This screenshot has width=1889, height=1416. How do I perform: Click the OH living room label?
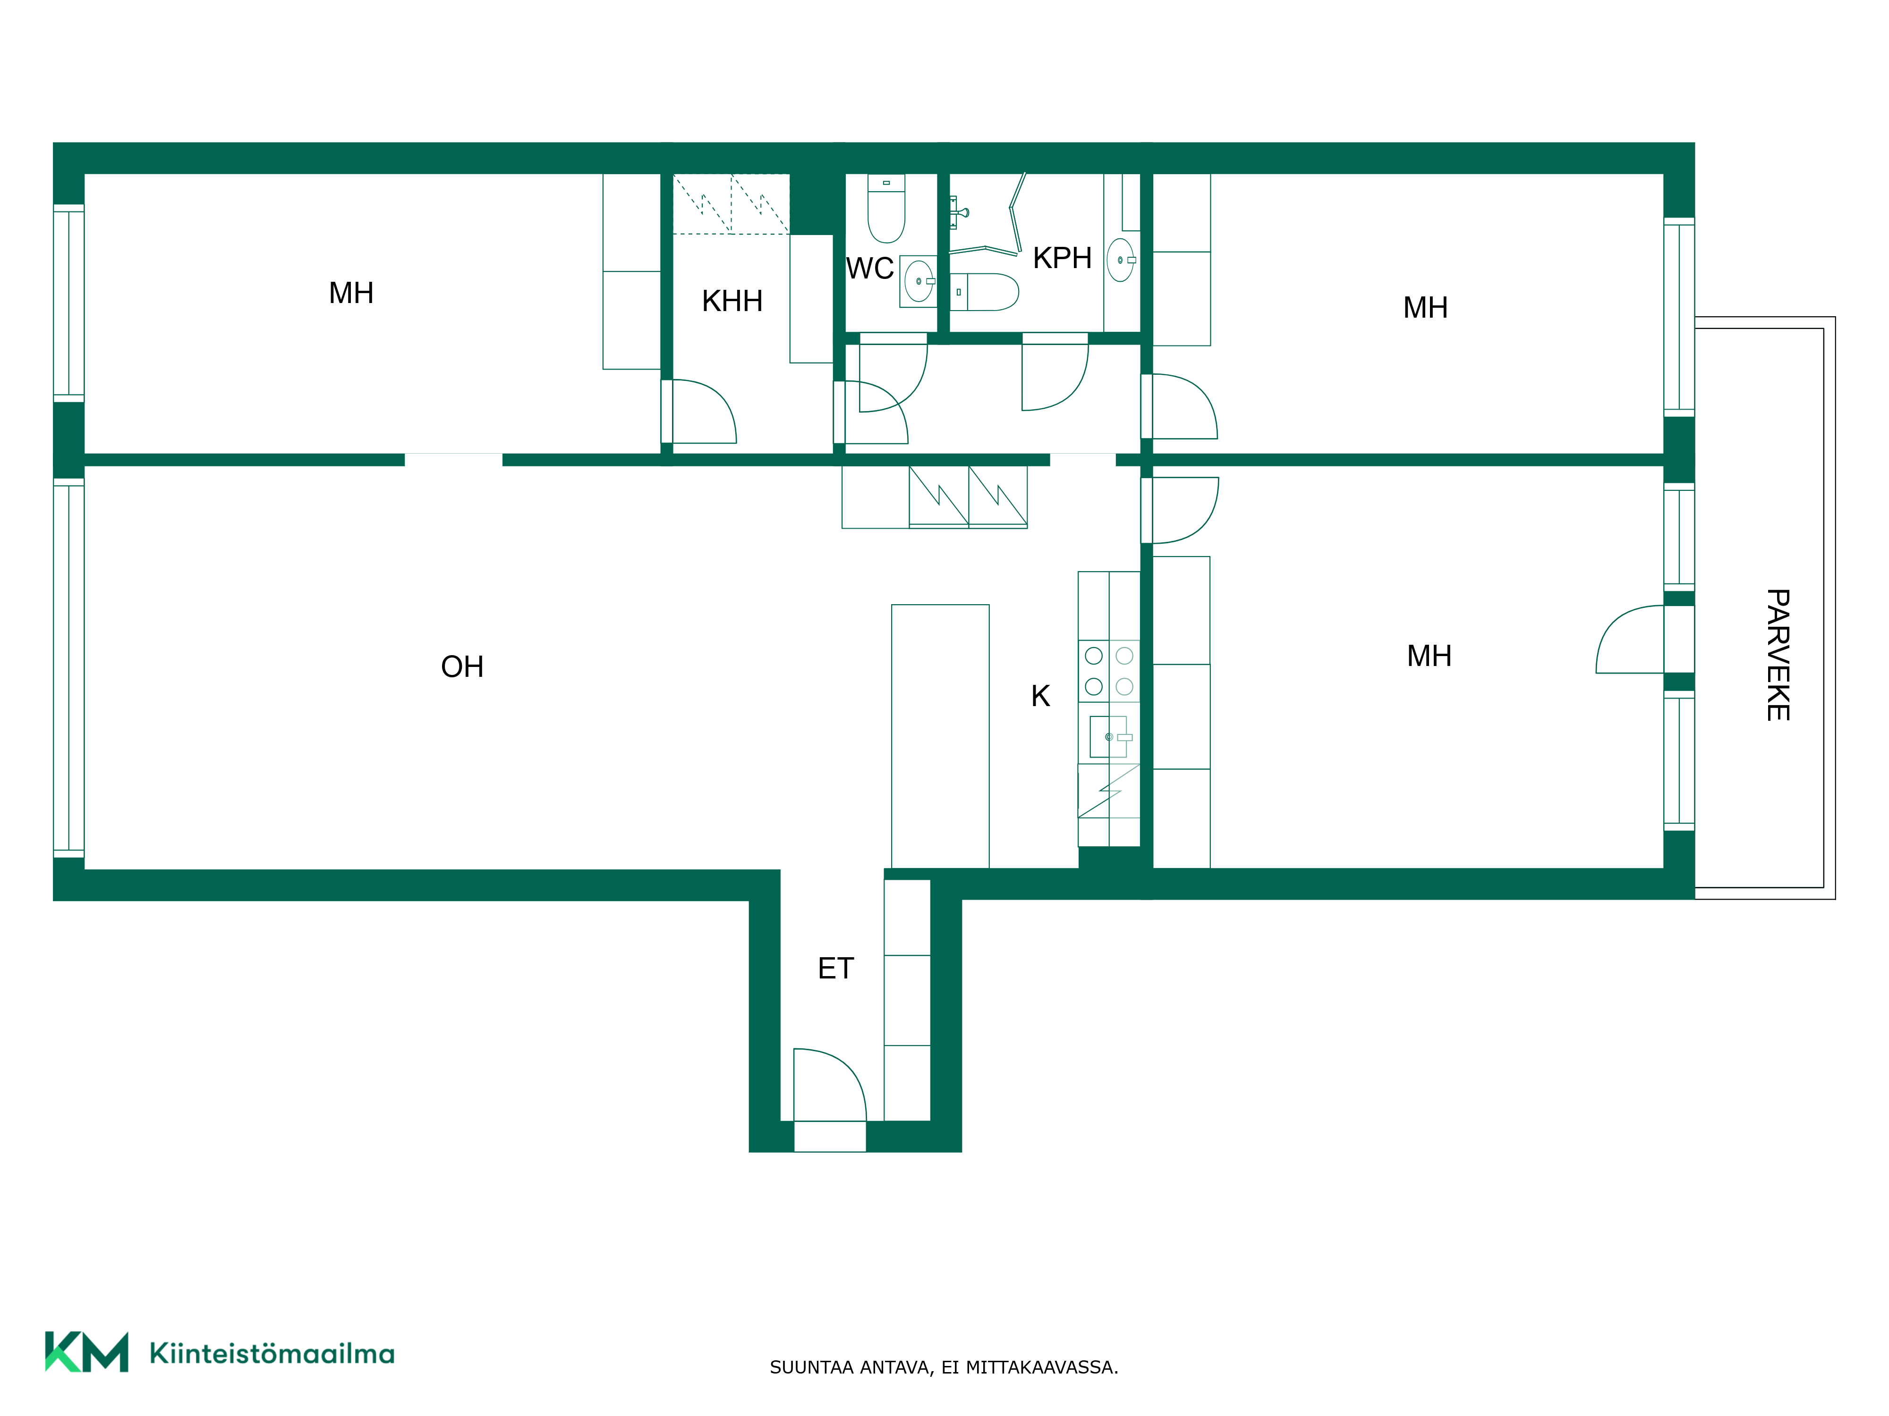point(462,666)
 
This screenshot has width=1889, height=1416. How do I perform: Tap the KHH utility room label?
point(732,301)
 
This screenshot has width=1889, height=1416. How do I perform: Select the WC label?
point(869,269)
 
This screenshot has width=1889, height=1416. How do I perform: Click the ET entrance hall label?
point(835,969)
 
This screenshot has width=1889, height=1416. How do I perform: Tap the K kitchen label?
point(1040,697)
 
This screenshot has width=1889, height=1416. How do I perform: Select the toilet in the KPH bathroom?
point(985,292)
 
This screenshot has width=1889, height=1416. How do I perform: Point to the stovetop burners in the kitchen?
point(1108,671)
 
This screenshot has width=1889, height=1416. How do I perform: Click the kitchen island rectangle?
point(940,737)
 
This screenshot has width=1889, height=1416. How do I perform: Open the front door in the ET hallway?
point(830,1085)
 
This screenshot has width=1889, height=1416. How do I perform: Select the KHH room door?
point(698,412)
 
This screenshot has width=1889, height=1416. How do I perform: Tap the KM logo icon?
point(86,1351)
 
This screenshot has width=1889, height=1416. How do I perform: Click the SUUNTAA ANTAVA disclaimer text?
point(944,1367)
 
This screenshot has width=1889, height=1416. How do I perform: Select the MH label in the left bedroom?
point(351,294)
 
